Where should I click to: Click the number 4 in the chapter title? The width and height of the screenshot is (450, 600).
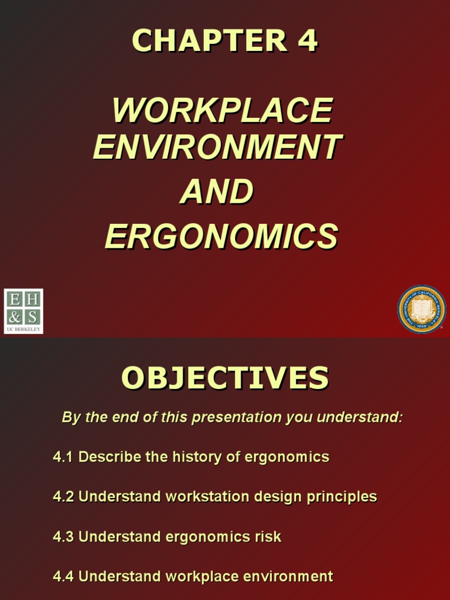tap(307, 41)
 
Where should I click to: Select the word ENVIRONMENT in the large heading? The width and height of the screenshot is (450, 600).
tap(217, 146)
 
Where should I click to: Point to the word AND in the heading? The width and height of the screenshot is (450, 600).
tap(216, 192)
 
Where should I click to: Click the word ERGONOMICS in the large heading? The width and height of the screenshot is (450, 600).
tap(221, 236)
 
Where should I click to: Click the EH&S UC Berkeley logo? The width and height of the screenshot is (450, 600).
tap(23, 311)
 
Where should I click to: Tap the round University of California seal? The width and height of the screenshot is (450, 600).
tap(421, 309)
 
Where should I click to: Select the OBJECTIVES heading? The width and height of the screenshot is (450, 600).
tap(225, 378)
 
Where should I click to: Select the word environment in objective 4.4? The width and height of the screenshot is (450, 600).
tap(288, 577)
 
